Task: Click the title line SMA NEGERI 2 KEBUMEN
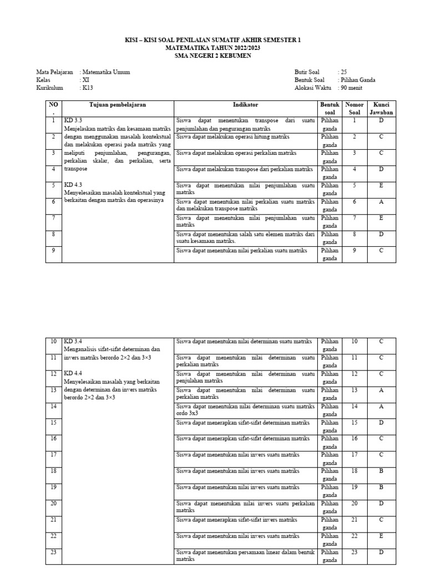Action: pos(213,55)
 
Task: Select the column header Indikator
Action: pos(245,104)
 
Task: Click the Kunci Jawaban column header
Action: pos(381,108)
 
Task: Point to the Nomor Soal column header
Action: pos(354,108)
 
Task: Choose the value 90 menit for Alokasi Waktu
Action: pos(352,88)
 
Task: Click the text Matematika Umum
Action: pos(106,72)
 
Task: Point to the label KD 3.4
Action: pos(73,341)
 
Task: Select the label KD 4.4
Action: pos(73,374)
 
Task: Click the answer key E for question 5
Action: pos(381,186)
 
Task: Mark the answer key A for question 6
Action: pos(381,202)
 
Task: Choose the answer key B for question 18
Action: pos(381,471)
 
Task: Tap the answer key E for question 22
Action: pos(381,536)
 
